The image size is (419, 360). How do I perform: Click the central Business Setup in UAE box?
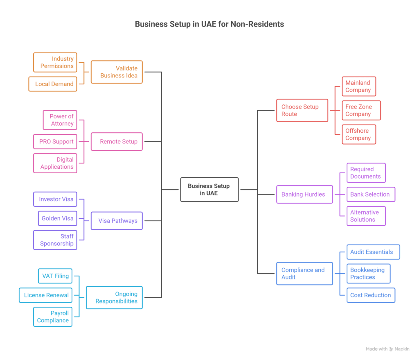click(209, 189)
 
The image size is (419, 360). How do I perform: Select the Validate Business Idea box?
click(117, 72)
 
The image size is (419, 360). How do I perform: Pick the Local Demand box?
click(53, 84)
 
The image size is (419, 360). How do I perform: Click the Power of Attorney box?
click(60, 120)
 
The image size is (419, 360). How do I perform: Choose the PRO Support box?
click(55, 142)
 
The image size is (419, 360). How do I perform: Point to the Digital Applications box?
click(55, 163)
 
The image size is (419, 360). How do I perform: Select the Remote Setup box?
click(117, 142)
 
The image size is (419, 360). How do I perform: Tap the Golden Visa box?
click(57, 218)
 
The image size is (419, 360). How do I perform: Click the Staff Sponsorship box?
click(55, 240)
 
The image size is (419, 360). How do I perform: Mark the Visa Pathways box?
click(117, 221)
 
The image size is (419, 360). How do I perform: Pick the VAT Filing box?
click(56, 276)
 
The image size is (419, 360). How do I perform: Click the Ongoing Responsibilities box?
click(114, 297)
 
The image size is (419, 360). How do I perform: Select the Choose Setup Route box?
click(302, 110)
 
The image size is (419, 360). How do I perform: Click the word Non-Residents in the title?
click(257, 24)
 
